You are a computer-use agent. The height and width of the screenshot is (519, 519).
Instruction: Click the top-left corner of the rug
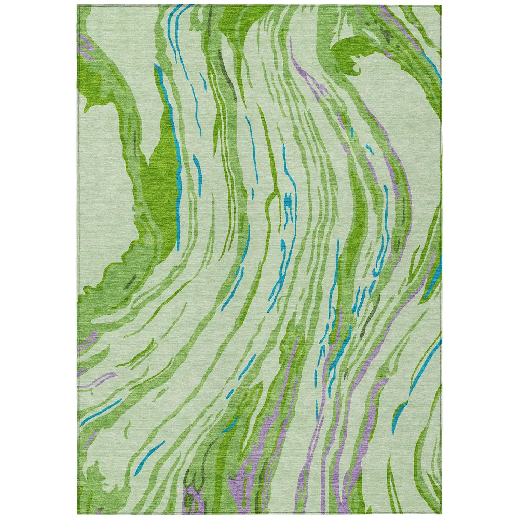point(78,6)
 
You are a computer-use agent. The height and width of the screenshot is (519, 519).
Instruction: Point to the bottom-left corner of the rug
point(78,514)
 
